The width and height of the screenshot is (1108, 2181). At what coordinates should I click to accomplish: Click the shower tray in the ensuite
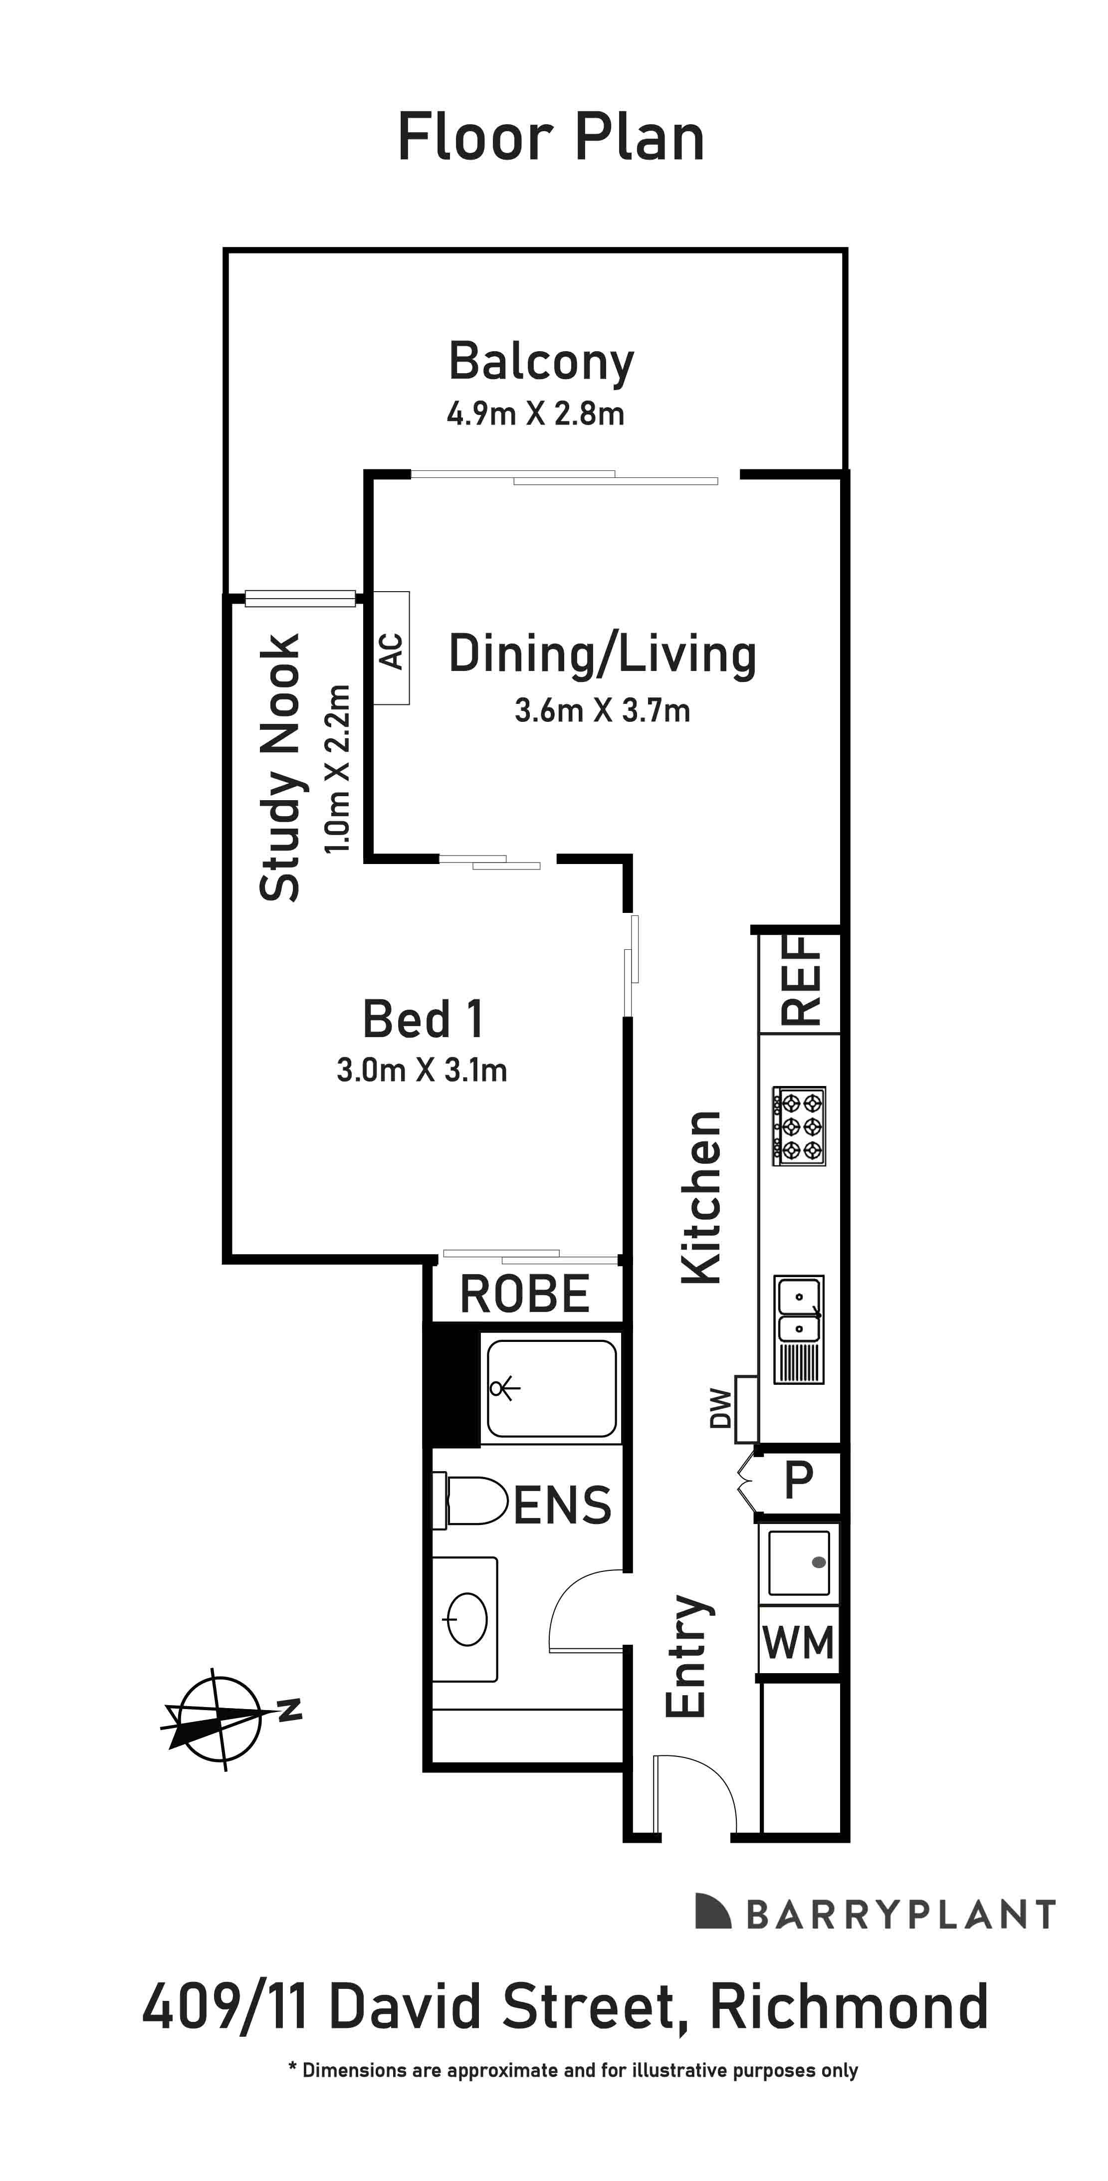tap(551, 1388)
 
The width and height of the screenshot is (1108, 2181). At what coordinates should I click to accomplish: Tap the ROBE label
tap(525, 1294)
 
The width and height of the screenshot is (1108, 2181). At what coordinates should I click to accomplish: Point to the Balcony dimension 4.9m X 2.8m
tap(536, 414)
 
